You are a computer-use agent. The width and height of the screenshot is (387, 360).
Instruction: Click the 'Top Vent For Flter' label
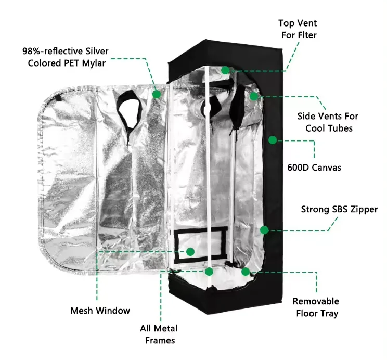coord(298,29)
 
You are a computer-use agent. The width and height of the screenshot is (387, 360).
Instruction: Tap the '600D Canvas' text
coord(314,168)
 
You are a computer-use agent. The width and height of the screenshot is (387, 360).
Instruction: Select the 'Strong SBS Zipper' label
coord(339,210)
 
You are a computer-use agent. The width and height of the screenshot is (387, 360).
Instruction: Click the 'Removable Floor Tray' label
coord(316,307)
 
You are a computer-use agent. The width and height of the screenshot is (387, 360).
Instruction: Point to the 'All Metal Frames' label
coord(158,334)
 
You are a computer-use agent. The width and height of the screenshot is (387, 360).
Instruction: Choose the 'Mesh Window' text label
coord(100,311)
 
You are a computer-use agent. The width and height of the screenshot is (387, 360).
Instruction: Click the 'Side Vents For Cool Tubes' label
coord(328,122)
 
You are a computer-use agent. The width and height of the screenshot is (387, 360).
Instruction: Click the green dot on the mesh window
coord(190,252)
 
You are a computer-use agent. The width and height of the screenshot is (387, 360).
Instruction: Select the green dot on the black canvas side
coord(272,139)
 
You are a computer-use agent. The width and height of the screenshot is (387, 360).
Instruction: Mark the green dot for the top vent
coord(225,70)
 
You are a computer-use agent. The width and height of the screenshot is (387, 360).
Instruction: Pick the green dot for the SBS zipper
coord(264,229)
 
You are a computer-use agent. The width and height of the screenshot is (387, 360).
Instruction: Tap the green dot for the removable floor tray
coord(246,271)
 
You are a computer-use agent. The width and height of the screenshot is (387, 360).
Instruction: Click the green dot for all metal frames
coord(209,271)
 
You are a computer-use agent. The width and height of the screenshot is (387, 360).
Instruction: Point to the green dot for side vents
coord(254,96)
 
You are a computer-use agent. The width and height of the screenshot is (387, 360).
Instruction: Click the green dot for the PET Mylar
coord(157,94)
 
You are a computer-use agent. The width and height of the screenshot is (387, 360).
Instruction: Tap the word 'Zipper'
coord(363,210)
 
